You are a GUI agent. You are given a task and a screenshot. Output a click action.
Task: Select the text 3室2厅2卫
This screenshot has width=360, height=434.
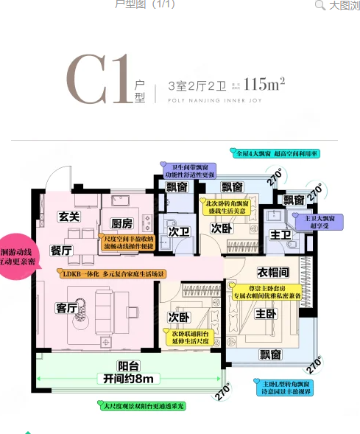(194, 85)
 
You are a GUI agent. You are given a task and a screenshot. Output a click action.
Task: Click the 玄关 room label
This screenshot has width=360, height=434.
(69, 217)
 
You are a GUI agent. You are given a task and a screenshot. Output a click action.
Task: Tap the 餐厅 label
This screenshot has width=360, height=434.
(61, 251)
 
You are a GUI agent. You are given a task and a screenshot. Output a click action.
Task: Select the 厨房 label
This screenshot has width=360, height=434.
(121, 223)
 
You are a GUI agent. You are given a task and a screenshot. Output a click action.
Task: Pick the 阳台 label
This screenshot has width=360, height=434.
(128, 365)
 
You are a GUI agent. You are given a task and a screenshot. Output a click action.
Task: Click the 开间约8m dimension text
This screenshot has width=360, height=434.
(128, 379)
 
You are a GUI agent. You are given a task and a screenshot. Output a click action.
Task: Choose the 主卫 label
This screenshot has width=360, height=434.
(280, 235)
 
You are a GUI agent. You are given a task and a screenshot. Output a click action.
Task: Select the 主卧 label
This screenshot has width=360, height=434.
(265, 313)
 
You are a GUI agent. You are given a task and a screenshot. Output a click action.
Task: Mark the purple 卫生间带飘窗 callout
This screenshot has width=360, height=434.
(189, 171)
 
